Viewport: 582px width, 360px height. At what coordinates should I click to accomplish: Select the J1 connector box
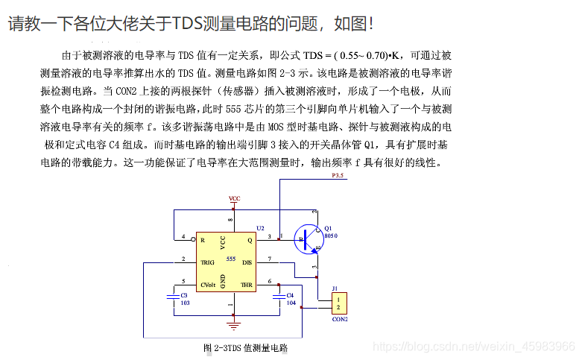[339, 303]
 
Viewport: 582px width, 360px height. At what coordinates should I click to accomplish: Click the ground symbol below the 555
[234, 324]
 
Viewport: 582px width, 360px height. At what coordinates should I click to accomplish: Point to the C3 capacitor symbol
[172, 296]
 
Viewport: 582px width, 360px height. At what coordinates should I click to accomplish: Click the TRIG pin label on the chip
[207, 262]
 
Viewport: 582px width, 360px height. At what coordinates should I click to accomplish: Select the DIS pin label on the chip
[247, 262]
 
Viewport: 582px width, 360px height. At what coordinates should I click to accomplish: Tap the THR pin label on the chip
[246, 285]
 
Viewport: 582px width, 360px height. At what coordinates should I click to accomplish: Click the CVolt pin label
[209, 285]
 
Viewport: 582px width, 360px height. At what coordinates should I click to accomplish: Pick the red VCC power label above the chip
[234, 199]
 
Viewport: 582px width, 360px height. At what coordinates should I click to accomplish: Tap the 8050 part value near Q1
[331, 235]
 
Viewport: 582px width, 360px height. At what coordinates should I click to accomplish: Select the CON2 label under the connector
[339, 319]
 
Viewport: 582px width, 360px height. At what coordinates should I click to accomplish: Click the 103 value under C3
[185, 303]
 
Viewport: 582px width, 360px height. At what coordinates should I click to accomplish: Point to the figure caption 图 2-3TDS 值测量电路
[245, 347]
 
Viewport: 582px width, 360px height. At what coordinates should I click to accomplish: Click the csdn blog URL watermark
[472, 347]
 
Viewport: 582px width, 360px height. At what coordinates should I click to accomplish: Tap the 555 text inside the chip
[231, 259]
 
